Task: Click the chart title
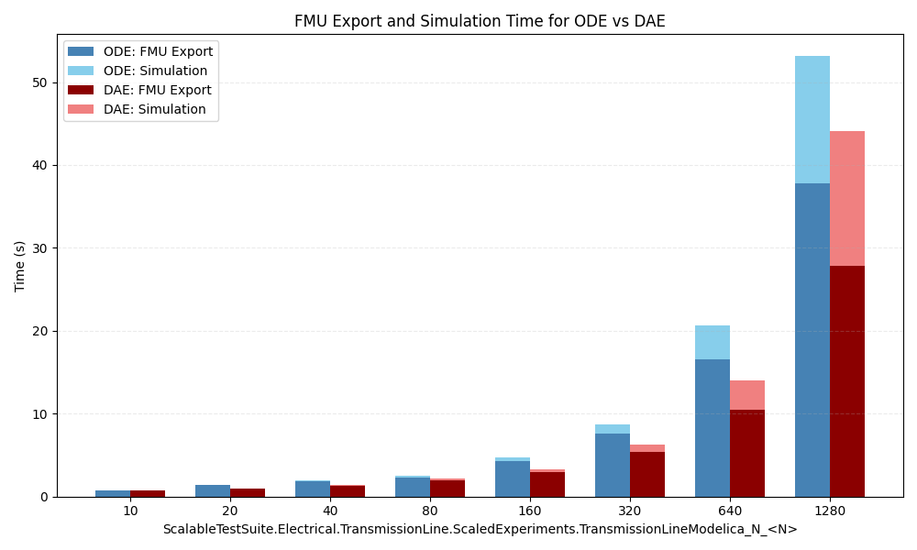tap(480, 21)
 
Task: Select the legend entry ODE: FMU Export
tap(158, 52)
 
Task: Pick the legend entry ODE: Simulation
tap(155, 71)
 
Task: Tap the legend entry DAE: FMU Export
tap(157, 90)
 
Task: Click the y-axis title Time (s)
tap(20, 266)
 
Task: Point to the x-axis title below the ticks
tap(480, 529)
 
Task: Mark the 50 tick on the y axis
tap(40, 82)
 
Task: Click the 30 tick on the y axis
tap(40, 248)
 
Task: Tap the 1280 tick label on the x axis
tap(830, 511)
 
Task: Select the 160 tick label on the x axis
tap(530, 511)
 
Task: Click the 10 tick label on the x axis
tap(130, 511)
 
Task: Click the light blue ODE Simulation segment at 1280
tap(812, 119)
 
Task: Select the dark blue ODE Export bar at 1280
tap(812, 339)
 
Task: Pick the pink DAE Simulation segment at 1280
tap(847, 198)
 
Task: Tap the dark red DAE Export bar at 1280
tap(847, 380)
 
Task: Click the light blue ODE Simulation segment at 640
tap(713, 342)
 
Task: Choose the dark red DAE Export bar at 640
tap(747, 453)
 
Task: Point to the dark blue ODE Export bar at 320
tap(613, 465)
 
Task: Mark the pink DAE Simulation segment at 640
tap(747, 395)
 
